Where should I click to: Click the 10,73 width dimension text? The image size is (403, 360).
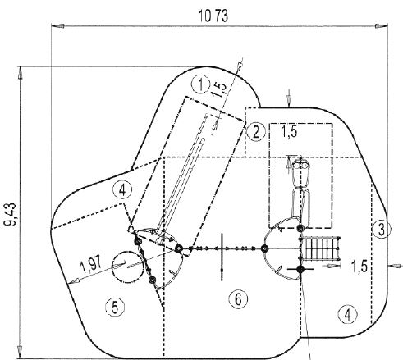(x=213, y=16)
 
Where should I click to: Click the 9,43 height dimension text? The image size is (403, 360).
(x=11, y=214)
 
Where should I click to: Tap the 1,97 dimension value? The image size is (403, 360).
(x=91, y=264)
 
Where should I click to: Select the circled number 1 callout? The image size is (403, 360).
(x=201, y=85)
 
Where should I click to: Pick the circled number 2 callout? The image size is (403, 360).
(x=256, y=132)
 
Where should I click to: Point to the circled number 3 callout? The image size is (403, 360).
(x=382, y=229)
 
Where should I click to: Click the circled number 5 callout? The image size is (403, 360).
(x=115, y=307)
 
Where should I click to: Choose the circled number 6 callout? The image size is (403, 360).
(x=238, y=299)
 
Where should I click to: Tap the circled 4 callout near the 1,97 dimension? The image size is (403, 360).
(x=122, y=190)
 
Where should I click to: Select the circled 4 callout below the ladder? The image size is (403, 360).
(x=347, y=315)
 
